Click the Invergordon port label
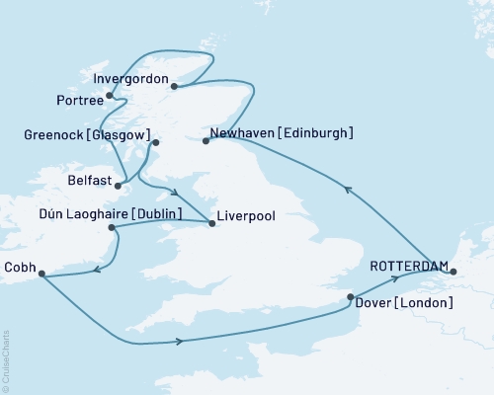point(127,77)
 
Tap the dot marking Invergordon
point(174,86)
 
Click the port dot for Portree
point(109,96)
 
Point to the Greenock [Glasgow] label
point(88,135)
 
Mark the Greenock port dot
point(154,144)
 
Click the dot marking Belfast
point(118,184)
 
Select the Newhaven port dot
point(206,141)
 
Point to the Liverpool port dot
point(212,223)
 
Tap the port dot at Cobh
point(41,277)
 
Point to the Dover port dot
point(351,296)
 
